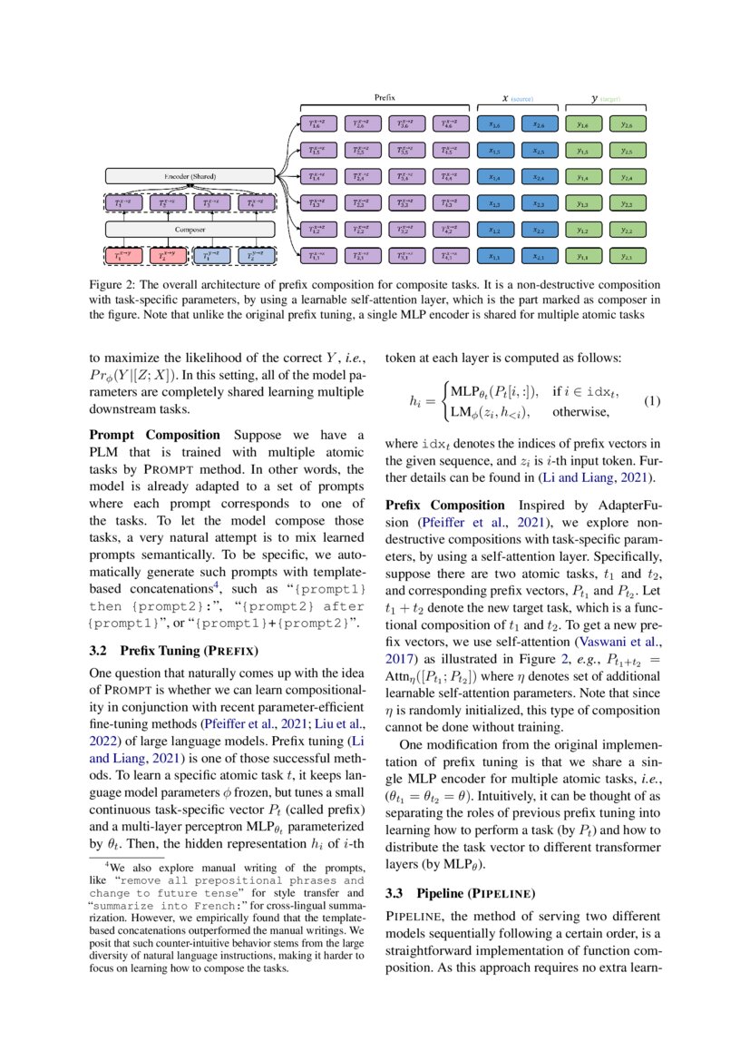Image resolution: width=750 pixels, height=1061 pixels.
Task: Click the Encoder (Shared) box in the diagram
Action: tap(189, 174)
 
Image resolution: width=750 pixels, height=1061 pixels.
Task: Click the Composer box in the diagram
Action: tap(189, 230)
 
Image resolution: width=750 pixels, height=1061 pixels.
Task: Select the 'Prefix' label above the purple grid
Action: tap(385, 95)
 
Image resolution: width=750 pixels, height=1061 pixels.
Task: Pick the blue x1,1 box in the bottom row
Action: tap(494, 257)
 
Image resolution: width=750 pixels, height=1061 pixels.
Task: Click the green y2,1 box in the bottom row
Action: tap(626, 257)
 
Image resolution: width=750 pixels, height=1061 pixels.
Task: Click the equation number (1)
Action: tap(651, 400)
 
